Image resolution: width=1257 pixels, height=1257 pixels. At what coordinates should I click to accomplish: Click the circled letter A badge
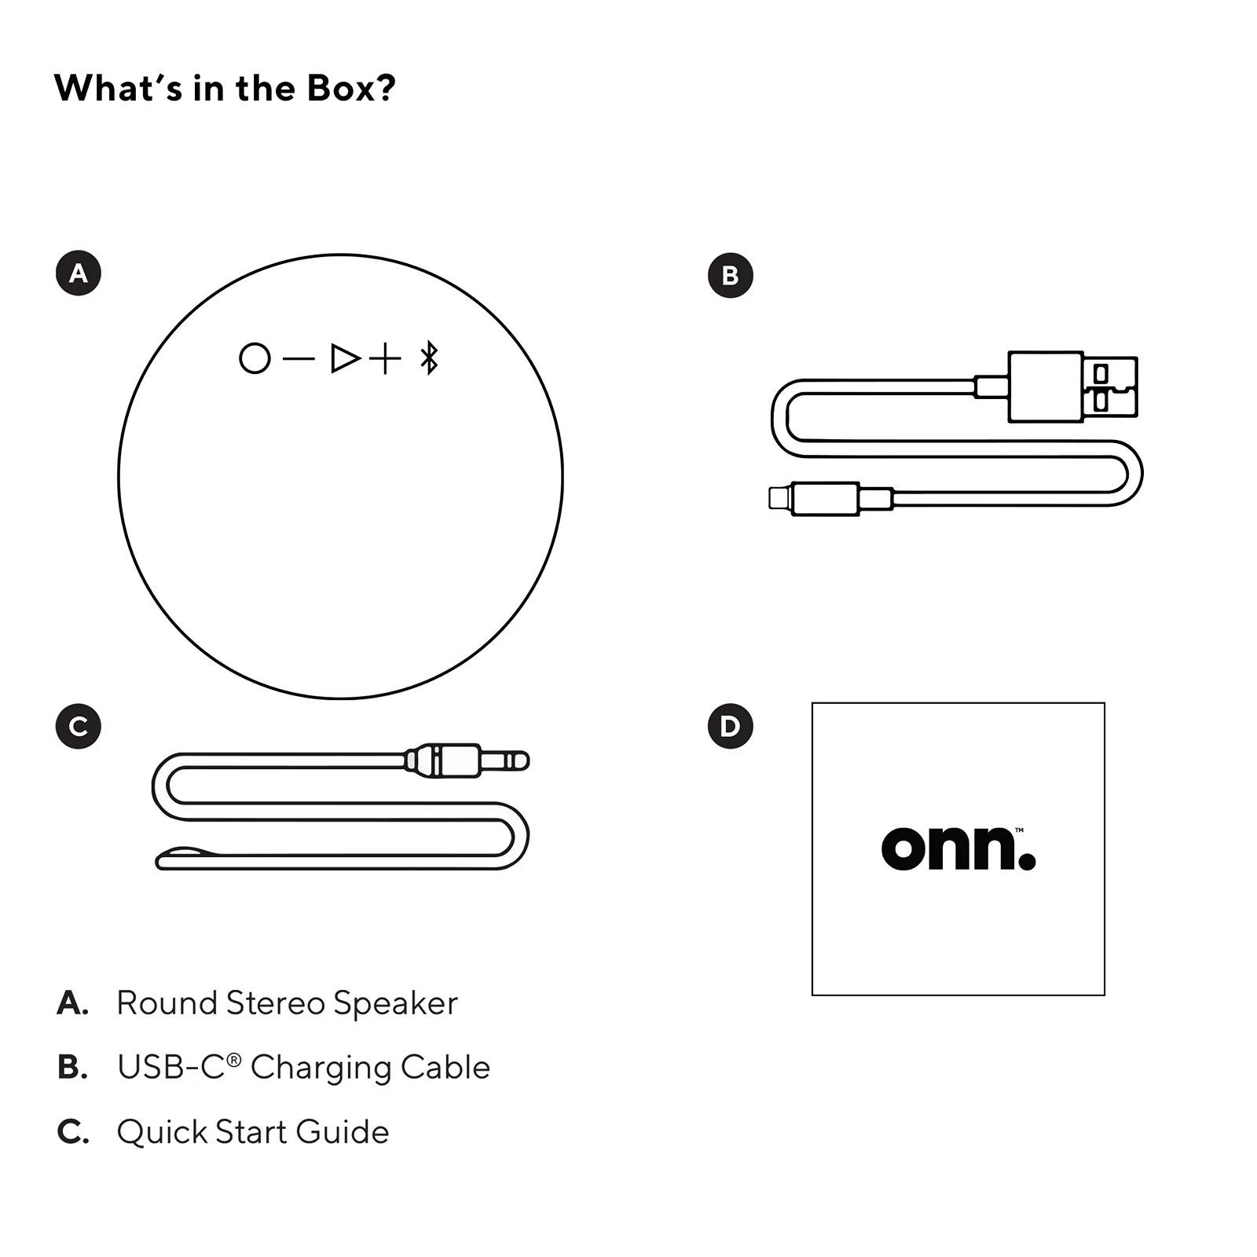79,273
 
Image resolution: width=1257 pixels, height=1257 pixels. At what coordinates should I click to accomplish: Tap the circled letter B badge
731,276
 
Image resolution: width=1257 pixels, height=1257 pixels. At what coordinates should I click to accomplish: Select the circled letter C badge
79,727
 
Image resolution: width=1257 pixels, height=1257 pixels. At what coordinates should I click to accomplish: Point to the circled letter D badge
731,726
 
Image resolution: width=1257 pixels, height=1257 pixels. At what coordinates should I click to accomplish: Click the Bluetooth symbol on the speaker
429,358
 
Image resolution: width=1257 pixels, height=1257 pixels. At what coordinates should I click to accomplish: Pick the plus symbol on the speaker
385,359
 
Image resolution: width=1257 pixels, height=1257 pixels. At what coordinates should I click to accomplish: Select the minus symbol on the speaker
299,359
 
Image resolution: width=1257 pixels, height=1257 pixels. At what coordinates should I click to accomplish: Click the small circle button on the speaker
255,358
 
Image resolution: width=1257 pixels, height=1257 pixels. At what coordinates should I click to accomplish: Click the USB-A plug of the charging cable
1072,387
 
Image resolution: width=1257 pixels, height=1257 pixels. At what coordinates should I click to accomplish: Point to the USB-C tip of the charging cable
781,499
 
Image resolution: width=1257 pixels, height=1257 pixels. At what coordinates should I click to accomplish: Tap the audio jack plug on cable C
467,760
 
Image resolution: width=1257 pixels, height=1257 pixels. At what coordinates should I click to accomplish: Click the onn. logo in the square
958,848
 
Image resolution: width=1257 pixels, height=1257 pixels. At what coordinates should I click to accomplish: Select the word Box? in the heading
351,88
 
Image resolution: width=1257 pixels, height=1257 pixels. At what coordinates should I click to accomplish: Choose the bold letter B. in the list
72,1068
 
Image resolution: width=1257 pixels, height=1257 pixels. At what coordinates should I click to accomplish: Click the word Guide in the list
343,1132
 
